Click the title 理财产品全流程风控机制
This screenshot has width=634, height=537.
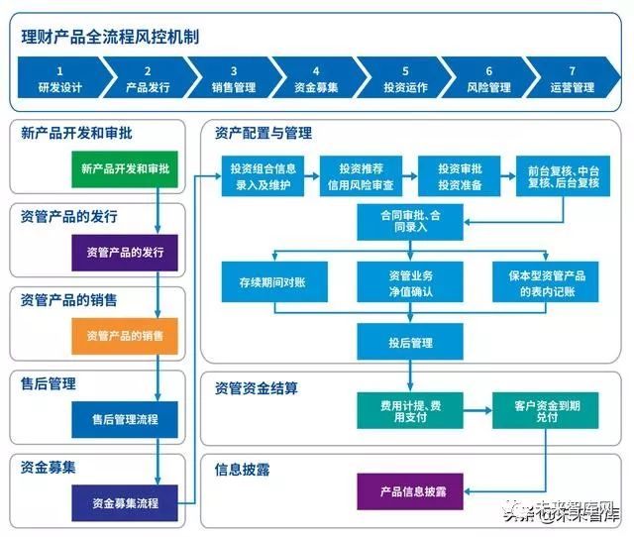pyautogui.click(x=110, y=38)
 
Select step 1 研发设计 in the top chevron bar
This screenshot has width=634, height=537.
pyautogui.click(x=59, y=79)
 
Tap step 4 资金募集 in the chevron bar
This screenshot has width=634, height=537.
pyautogui.click(x=315, y=79)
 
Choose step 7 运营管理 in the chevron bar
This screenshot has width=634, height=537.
pyautogui.click(x=572, y=79)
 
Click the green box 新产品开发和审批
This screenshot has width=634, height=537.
pyautogui.click(x=125, y=168)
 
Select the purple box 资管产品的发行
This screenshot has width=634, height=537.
pyautogui.click(x=125, y=252)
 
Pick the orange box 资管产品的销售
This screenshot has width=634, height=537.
pyautogui.click(x=125, y=336)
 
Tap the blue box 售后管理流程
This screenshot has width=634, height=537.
pyautogui.click(x=125, y=419)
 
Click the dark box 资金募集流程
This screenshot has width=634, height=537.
pyautogui.click(x=125, y=502)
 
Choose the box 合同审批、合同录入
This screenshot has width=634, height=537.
pyautogui.click(x=410, y=221)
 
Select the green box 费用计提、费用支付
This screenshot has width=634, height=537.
pyautogui.click(x=410, y=410)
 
